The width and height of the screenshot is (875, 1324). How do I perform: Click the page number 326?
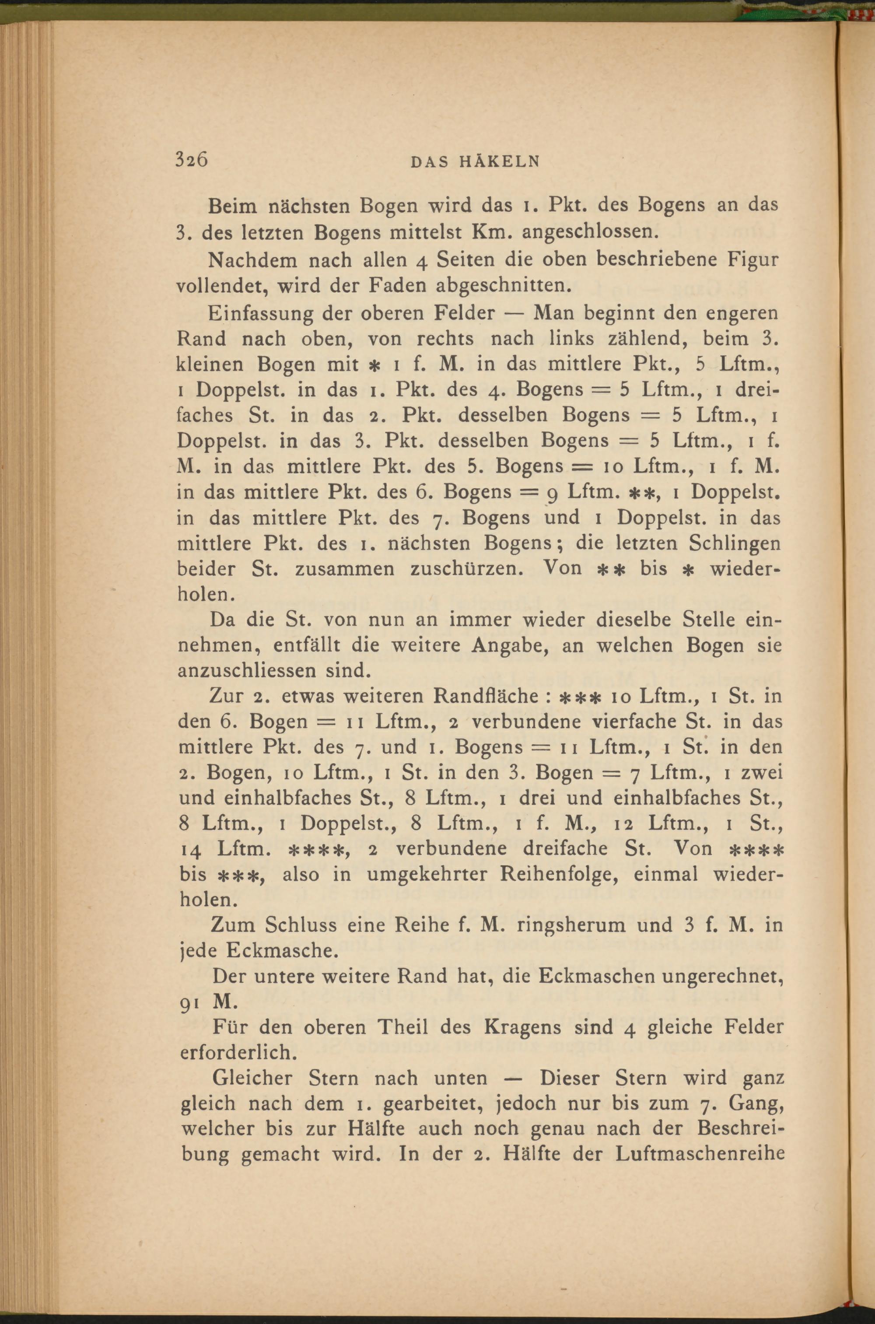point(192,160)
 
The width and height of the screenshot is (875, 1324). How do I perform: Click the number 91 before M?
point(192,1002)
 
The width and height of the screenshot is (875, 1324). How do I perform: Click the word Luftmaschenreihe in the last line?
point(700,1154)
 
